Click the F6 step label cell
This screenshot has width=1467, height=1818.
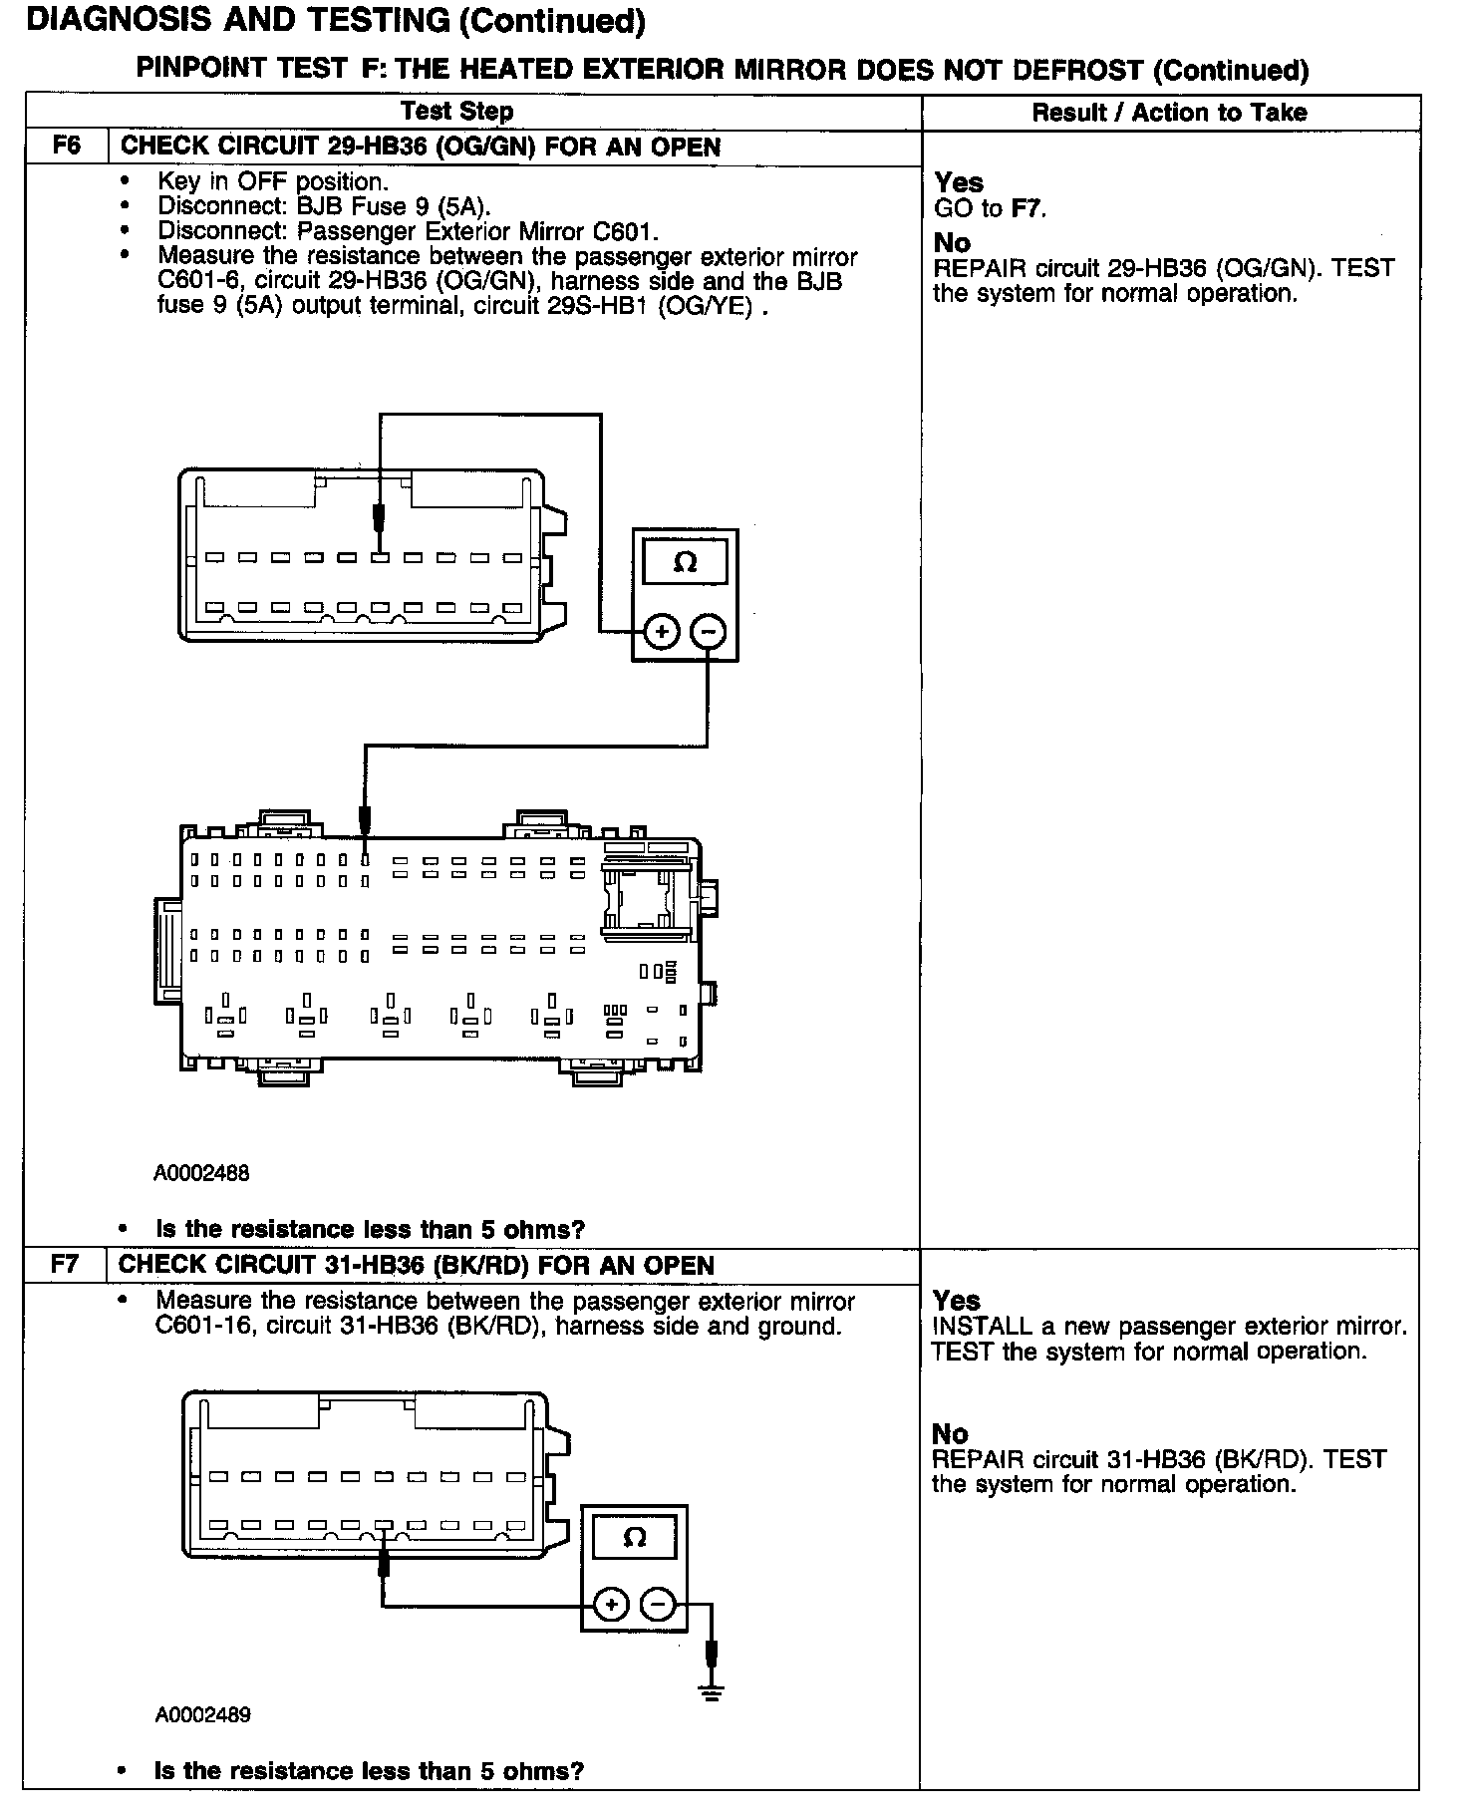[66, 147]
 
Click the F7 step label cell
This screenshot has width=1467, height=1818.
[65, 1265]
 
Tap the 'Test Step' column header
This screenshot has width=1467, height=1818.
[456, 112]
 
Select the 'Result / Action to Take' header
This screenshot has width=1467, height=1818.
[1169, 113]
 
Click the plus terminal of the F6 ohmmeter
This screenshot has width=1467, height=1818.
[662, 631]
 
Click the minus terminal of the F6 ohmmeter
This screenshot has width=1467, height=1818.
[709, 631]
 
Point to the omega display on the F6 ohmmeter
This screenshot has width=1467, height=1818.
[685, 563]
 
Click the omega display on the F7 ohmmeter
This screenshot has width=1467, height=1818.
[634, 1537]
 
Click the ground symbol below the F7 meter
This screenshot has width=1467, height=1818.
[712, 1691]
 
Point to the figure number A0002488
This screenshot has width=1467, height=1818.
[201, 1173]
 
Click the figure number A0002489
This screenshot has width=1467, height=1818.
[202, 1715]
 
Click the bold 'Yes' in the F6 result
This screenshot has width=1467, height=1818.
[959, 182]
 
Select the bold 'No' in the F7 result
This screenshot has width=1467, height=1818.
[950, 1433]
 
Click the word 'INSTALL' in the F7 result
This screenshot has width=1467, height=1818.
[982, 1327]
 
